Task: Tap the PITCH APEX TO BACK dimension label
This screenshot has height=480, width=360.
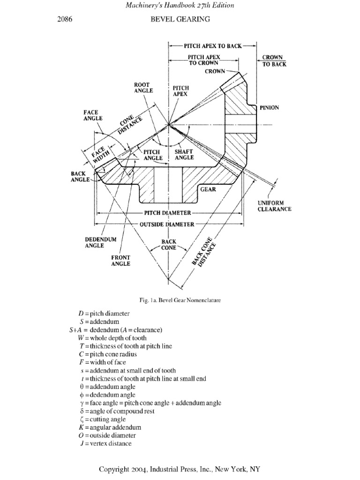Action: point(212,46)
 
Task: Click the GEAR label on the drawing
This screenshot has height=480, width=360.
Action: point(208,190)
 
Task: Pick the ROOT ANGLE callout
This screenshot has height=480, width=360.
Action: point(143,88)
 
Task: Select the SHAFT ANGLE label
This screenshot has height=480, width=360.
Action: point(184,155)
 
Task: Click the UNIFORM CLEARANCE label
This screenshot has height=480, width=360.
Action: point(275,206)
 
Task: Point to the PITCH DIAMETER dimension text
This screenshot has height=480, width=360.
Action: point(167,213)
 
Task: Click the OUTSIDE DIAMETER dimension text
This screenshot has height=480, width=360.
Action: point(167,225)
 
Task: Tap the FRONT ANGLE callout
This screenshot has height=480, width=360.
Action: point(120,261)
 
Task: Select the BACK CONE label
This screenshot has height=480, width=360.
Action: point(169,245)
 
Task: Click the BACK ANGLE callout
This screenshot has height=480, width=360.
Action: point(80,176)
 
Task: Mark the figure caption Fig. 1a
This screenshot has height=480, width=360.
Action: point(180,299)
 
